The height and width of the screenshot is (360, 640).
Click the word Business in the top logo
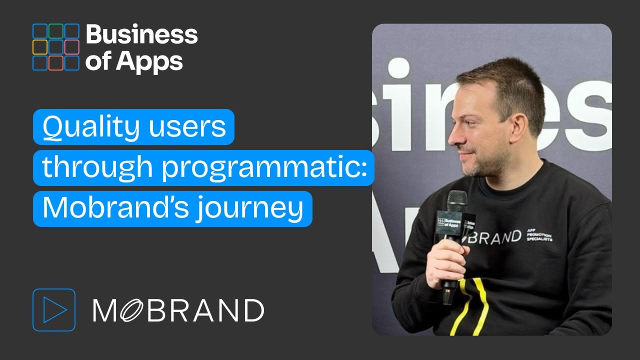tap(142, 34)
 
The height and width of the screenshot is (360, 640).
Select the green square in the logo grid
tap(56, 31)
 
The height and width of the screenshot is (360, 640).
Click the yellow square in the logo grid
tap(40, 47)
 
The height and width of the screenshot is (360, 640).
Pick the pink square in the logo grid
tap(71, 47)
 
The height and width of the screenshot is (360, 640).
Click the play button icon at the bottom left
tap(54, 310)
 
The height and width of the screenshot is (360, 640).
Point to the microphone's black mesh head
tap(456, 200)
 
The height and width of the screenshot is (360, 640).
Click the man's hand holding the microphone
tap(445, 260)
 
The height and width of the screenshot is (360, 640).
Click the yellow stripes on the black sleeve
tap(470, 305)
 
